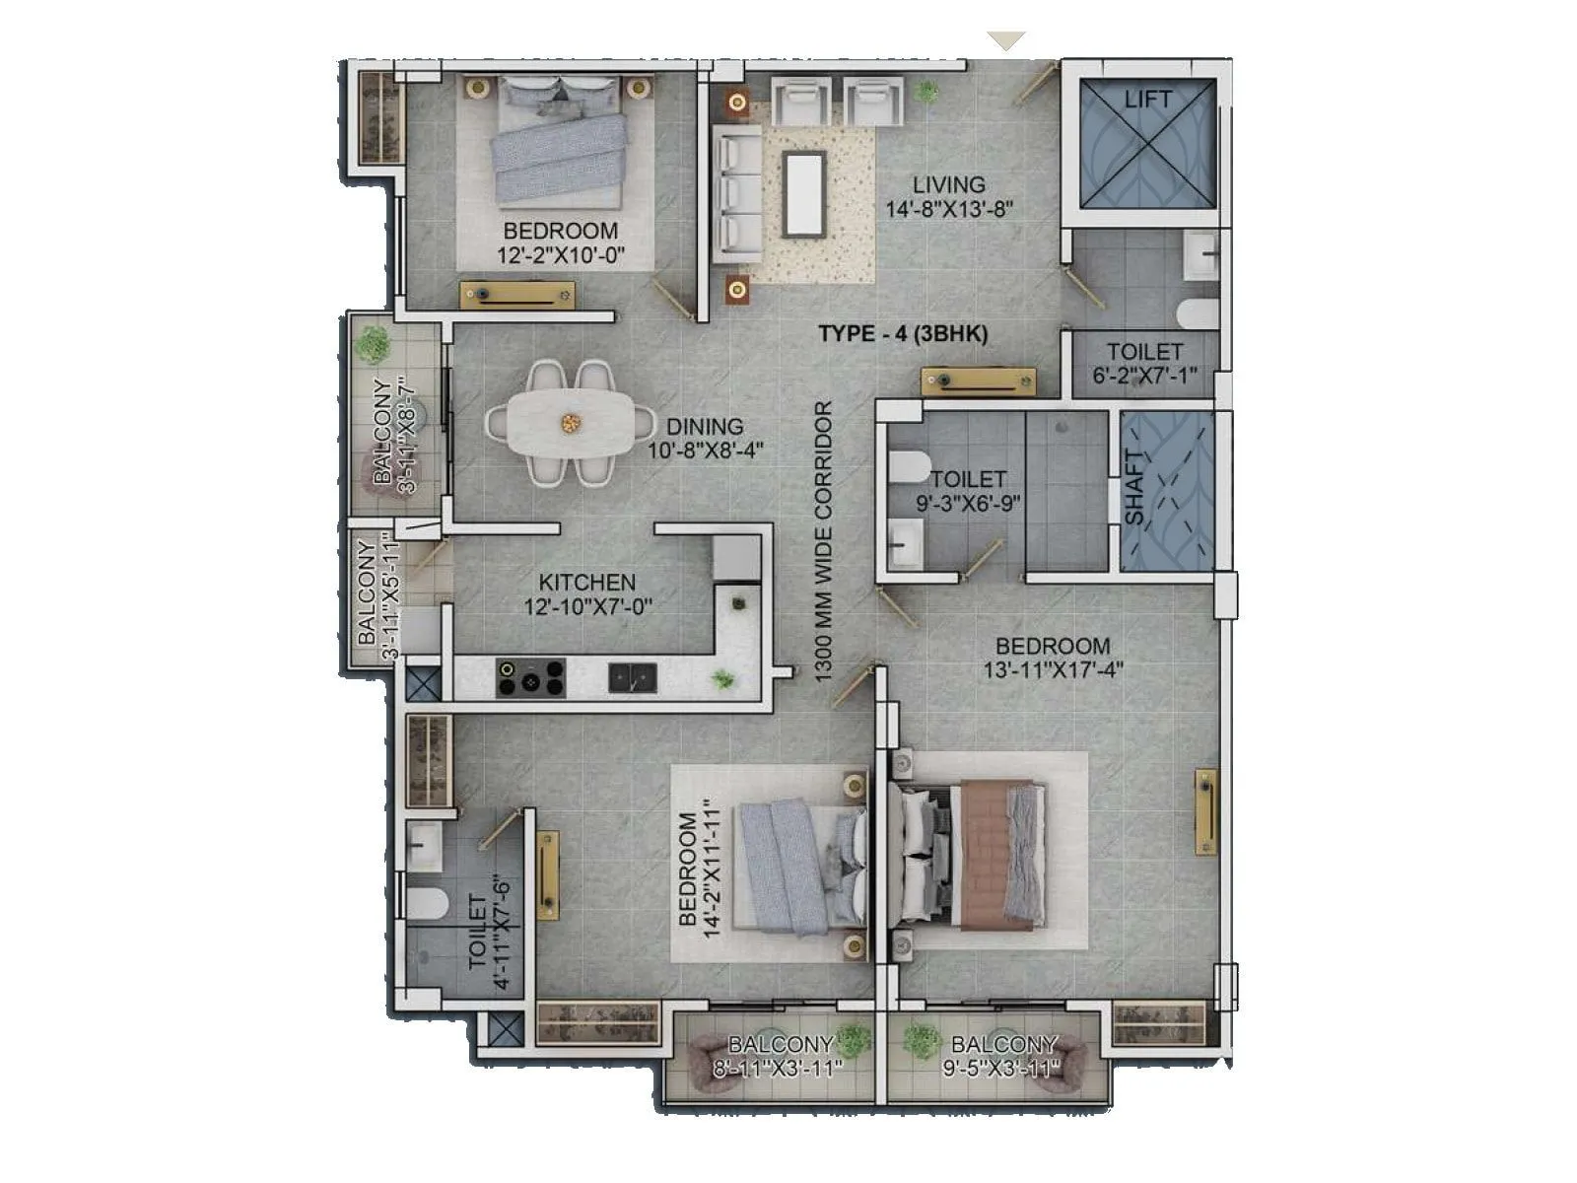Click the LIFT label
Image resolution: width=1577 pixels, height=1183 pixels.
1147,100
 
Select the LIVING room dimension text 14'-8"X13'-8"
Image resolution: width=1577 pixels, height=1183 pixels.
949,209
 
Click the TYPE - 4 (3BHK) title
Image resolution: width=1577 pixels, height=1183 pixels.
903,333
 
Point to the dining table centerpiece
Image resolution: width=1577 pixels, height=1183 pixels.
571,423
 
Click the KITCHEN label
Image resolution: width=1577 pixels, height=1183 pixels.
586,582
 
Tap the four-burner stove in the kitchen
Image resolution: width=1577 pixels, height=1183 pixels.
530,678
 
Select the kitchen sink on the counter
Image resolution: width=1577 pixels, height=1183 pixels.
632,677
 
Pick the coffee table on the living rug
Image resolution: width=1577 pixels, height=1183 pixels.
804,194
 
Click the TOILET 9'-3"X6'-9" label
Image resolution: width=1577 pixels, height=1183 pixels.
968,490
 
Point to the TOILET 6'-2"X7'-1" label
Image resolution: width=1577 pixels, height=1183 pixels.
1144,363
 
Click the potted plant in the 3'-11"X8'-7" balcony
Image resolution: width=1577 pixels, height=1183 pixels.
374,344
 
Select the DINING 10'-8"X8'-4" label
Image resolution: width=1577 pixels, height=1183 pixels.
706,439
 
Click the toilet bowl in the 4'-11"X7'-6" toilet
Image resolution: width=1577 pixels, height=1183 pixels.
428,902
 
